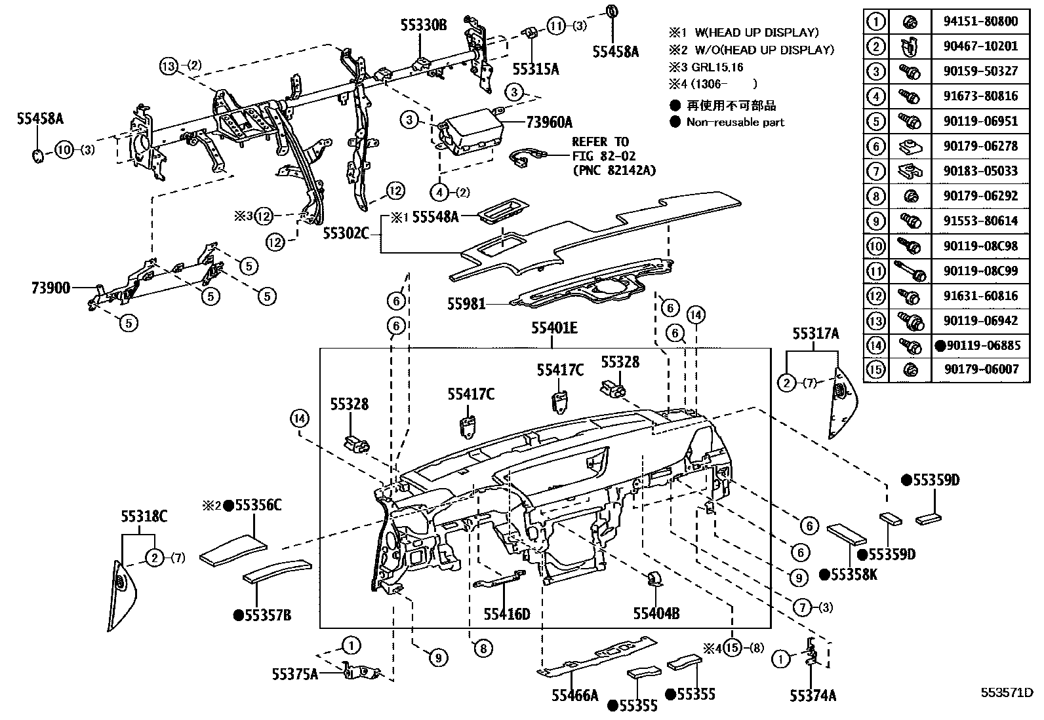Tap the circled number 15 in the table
875,369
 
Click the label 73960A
549,122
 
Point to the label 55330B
424,26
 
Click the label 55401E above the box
554,328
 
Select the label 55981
466,304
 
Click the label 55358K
853,575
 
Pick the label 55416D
506,614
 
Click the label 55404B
656,613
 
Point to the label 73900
50,288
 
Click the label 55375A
295,673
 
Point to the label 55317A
815,334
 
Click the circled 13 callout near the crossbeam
169,66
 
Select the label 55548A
435,217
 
